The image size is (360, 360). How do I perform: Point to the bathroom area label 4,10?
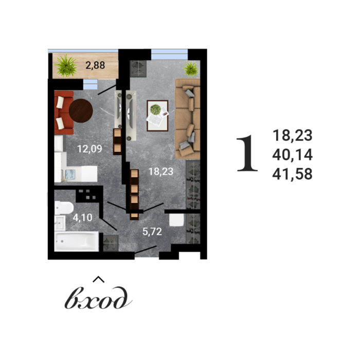click(x=82, y=218)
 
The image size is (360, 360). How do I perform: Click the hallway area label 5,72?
click(x=152, y=231)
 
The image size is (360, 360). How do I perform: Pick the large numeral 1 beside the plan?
click(x=247, y=154)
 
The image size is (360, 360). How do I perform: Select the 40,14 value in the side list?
click(x=293, y=155)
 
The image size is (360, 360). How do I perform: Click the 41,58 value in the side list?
click(x=293, y=174)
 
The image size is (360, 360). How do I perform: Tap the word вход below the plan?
click(x=98, y=299)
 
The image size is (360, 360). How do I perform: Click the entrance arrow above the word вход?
click(x=99, y=279)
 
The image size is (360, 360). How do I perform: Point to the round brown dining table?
click(x=81, y=110)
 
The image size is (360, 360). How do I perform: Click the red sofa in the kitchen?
click(x=62, y=111)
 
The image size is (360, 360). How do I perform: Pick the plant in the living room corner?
click(x=191, y=68)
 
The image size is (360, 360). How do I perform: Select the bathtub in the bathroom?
click(x=77, y=241)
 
